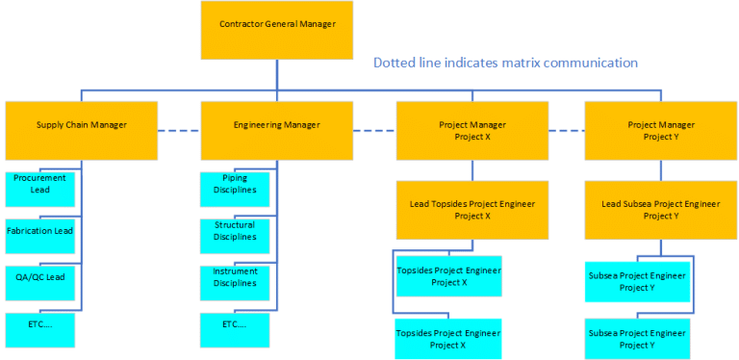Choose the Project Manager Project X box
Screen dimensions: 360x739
pos(472,130)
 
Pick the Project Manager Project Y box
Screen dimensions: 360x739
pos(660,130)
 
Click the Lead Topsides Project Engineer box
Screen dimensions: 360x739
pos(472,209)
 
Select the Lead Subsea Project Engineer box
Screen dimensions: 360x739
pos(660,209)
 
